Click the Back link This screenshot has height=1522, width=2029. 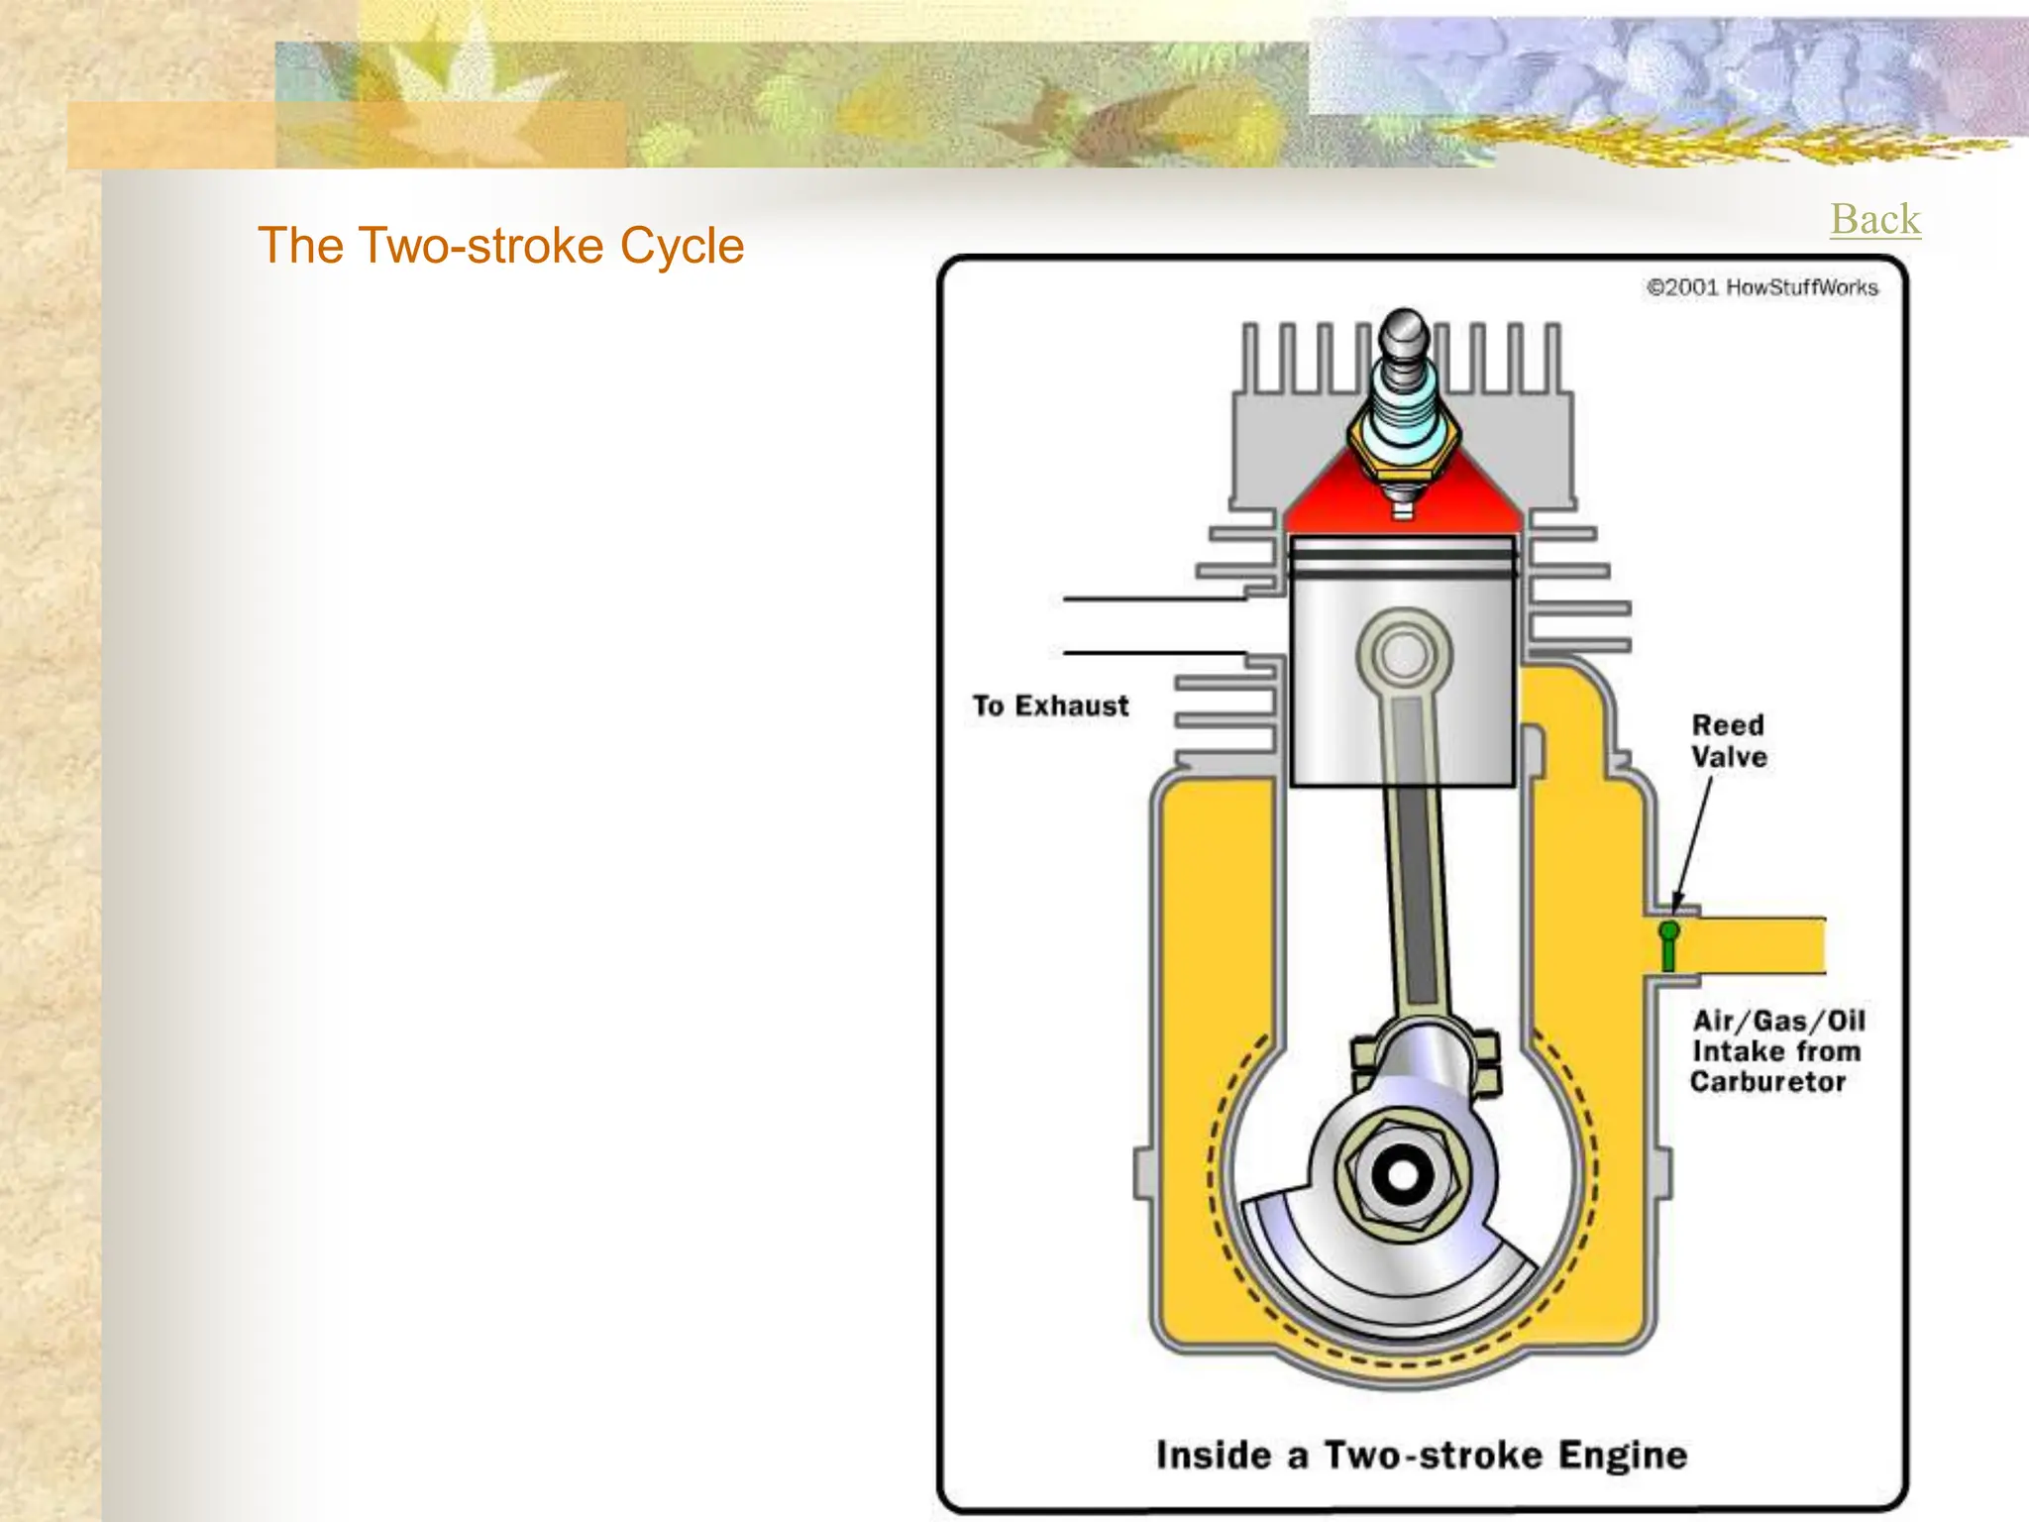(1874, 219)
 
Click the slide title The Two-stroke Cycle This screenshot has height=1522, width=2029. (500, 246)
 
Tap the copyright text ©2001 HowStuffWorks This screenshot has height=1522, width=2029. (1762, 287)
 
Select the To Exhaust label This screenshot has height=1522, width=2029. (1050, 706)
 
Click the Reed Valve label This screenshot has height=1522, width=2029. (1728, 740)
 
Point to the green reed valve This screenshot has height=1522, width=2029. (1668, 945)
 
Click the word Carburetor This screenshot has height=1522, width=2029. (1767, 1081)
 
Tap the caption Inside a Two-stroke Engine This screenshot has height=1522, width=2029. (1422, 1455)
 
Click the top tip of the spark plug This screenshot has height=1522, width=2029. (1403, 321)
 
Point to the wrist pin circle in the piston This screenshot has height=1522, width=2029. (1404, 654)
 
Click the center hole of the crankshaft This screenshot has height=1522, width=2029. (1402, 1175)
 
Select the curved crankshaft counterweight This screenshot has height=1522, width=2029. (1387, 1278)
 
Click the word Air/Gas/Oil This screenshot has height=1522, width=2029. (1778, 1021)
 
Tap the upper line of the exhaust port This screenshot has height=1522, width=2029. (1154, 598)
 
